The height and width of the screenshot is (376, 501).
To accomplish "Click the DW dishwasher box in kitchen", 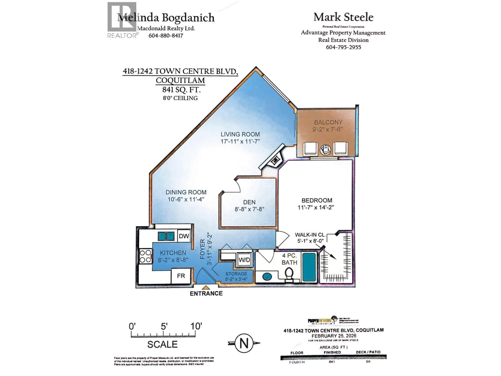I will [184, 236].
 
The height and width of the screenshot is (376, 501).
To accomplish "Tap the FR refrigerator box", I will [181, 276].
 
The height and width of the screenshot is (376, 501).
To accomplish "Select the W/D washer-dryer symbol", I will [244, 260].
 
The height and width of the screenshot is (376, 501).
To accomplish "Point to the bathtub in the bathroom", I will [309, 267].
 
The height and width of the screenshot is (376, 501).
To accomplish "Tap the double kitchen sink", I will [166, 236].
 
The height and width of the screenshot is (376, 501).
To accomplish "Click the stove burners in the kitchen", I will [145, 256].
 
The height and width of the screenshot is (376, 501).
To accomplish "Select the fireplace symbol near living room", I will [275, 161].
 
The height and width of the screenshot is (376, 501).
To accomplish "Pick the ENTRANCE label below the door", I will [206, 294].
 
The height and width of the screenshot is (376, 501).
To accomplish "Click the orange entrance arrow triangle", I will [206, 287].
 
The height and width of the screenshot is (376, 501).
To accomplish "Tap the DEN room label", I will [249, 202].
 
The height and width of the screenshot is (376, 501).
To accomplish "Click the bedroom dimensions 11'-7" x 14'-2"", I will [316, 207].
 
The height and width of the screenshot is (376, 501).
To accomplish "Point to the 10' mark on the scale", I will [196, 326].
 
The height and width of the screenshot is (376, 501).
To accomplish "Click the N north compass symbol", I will [244, 343].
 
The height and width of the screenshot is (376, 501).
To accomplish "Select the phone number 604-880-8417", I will [166, 35].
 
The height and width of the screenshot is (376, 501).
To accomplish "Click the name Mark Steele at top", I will [343, 17].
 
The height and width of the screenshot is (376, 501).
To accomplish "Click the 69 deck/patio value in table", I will [368, 361].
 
